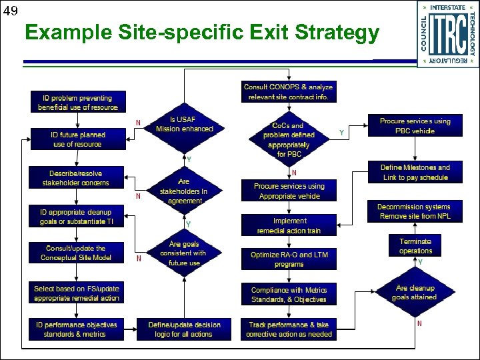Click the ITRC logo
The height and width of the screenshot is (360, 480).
click(x=447, y=34)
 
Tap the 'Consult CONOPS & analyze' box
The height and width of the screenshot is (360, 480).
click(x=288, y=92)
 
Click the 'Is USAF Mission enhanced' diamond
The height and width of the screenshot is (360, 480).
click(x=184, y=125)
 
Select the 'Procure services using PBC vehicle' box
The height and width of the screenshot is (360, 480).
click(x=415, y=126)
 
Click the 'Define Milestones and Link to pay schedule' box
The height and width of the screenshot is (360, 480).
click(x=415, y=173)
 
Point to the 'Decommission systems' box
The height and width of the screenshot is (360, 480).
click(x=413, y=212)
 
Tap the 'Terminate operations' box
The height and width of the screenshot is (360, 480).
click(x=415, y=246)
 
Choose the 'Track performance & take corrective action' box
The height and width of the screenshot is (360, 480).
click(x=289, y=329)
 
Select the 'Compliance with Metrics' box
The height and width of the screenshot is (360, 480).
click(x=289, y=295)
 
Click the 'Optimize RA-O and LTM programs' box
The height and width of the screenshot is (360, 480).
click(x=289, y=259)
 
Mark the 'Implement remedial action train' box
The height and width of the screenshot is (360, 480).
click(x=289, y=225)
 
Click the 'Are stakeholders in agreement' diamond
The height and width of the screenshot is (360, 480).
click(x=184, y=191)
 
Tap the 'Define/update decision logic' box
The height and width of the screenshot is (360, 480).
click(x=184, y=329)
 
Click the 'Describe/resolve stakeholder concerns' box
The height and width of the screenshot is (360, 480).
click(x=75, y=178)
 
